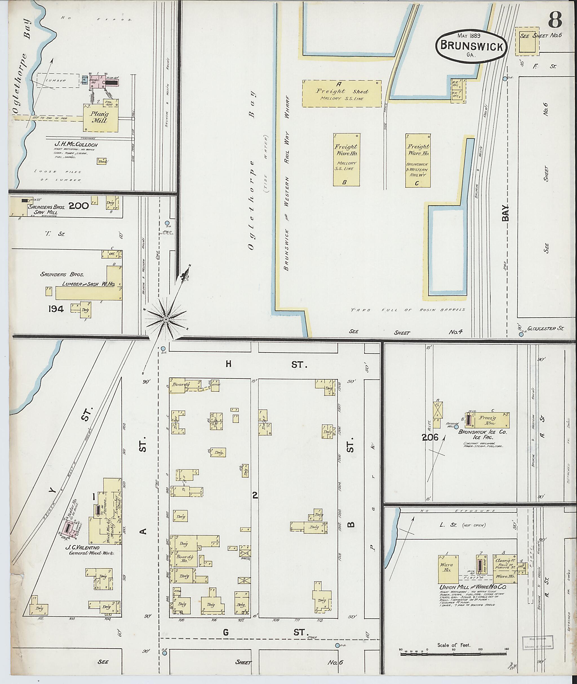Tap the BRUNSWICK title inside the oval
(x=471, y=46)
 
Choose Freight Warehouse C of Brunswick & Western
(x=418, y=160)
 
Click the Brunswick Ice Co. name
(x=482, y=432)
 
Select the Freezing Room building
(x=488, y=420)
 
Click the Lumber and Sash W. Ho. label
(x=88, y=284)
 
